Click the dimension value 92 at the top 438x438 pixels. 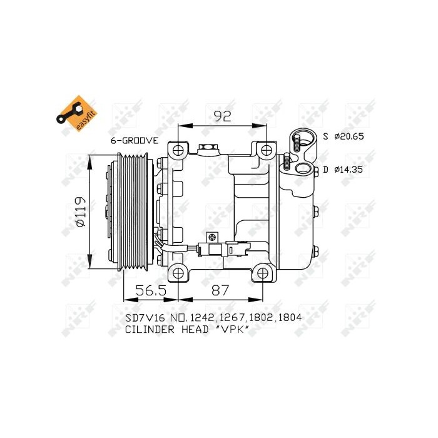[x=223, y=116]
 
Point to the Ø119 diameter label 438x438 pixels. [x=79, y=213]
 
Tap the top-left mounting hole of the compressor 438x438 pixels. [x=179, y=150]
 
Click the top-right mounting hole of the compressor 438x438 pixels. [x=267, y=150]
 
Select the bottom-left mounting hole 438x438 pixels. [x=179, y=273]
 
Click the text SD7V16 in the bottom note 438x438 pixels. [x=143, y=318]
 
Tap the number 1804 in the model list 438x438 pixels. [x=290, y=318]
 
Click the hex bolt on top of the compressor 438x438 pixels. [x=207, y=148]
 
